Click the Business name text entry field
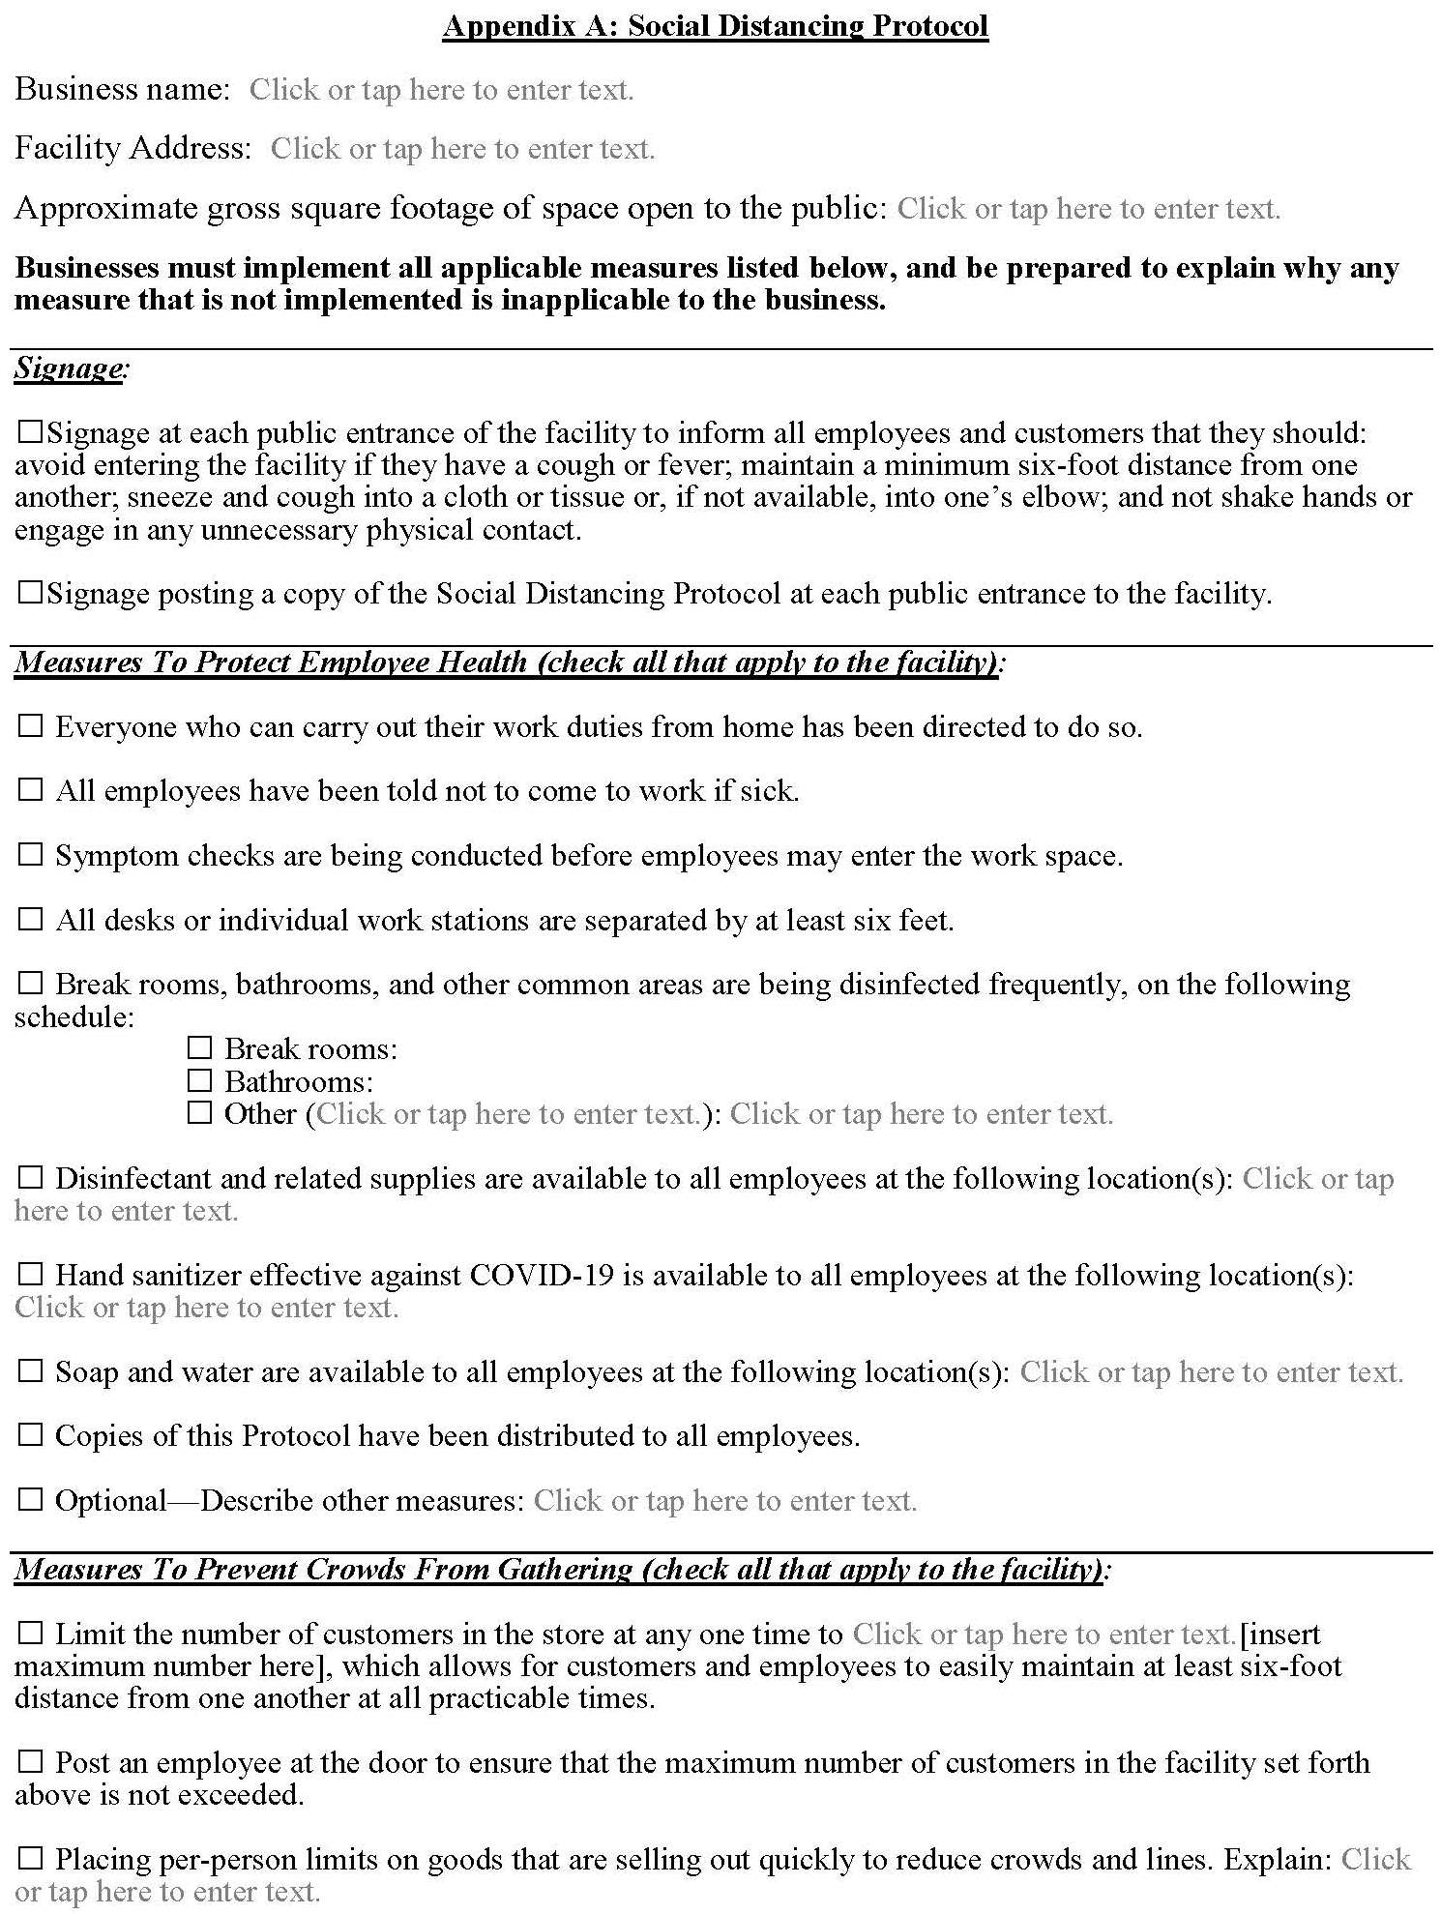point(441,90)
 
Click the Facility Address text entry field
point(462,149)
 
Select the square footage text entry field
point(1088,209)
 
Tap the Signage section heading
point(69,368)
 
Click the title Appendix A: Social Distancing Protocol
point(716,26)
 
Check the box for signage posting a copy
point(31,593)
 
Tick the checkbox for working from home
point(31,726)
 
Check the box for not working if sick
point(31,790)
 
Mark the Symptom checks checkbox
point(31,855)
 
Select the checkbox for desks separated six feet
point(31,919)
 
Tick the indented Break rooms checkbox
point(199,1048)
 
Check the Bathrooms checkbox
point(199,1080)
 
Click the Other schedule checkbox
point(199,1113)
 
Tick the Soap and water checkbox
point(31,1371)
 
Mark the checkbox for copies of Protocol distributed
point(31,1435)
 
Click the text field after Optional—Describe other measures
point(724,1501)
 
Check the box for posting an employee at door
point(31,1762)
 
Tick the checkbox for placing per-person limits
point(31,1859)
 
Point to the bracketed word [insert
point(1279,1634)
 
